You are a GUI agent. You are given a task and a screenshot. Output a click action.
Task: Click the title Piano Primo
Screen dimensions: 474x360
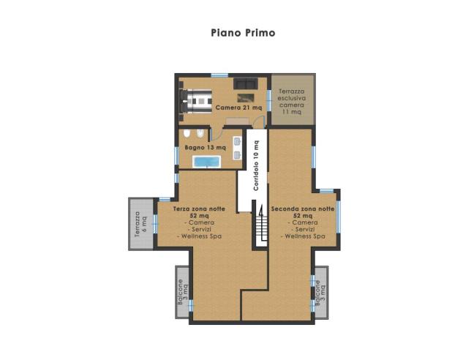pyautogui.click(x=243, y=33)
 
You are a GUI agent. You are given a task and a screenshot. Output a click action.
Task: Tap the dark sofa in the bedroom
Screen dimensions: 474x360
pyautogui.click(x=246, y=83)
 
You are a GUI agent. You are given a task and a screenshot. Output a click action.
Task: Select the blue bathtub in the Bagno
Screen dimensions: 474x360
pyautogui.click(x=207, y=162)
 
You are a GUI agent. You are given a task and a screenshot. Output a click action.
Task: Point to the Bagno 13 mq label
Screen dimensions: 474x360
pyautogui.click(x=206, y=148)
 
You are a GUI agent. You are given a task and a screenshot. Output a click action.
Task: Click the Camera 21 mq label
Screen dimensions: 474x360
pyautogui.click(x=238, y=108)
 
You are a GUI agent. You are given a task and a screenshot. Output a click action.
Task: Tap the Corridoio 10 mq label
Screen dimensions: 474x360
pyautogui.click(x=256, y=165)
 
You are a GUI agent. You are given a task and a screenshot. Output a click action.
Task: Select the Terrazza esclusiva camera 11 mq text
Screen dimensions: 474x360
pyautogui.click(x=292, y=102)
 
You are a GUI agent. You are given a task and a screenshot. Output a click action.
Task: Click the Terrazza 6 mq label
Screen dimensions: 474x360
pyautogui.click(x=141, y=223)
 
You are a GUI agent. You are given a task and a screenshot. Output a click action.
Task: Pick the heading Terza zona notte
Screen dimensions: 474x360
pyautogui.click(x=199, y=209)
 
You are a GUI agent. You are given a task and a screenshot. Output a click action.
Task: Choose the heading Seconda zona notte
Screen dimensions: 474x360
pyautogui.click(x=303, y=209)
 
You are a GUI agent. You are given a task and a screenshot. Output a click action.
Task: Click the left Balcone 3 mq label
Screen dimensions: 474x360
pyautogui.click(x=182, y=292)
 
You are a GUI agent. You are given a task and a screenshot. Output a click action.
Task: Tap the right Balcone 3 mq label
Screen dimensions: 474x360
pyautogui.click(x=320, y=293)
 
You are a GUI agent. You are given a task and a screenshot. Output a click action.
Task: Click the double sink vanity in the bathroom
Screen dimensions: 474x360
pyautogui.click(x=237, y=148)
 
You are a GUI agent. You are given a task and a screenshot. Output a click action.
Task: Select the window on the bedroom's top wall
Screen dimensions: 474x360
pyautogui.click(x=219, y=75)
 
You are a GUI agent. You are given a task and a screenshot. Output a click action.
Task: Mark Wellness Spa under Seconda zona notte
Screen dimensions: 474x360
pyautogui.click(x=304, y=236)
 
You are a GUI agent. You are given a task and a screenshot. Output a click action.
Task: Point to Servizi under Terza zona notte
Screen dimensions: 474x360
pyautogui.click(x=200, y=230)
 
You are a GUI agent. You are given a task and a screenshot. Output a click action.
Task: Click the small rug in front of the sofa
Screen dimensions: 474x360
pyautogui.click(x=246, y=97)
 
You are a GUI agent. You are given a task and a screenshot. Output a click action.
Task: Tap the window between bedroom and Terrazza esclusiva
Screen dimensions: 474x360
pyautogui.click(x=268, y=100)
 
